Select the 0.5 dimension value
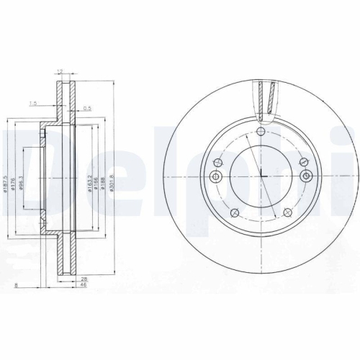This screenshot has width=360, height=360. [86, 109]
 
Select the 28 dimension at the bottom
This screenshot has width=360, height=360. [84, 278]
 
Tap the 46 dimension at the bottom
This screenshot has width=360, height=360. [84, 286]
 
